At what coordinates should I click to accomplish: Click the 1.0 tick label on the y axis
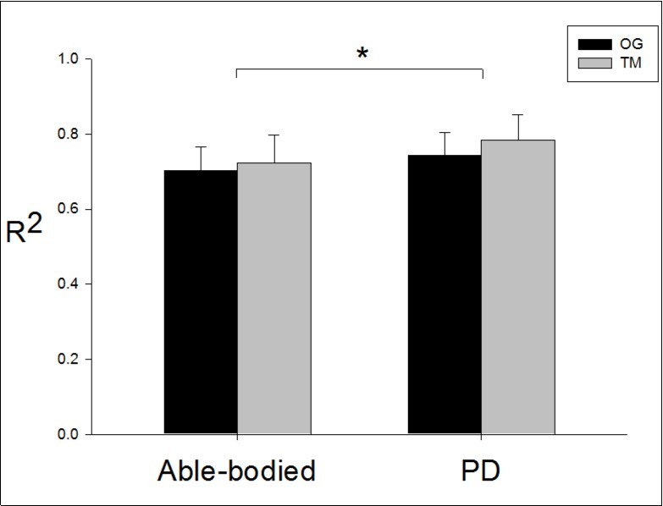pos(69,60)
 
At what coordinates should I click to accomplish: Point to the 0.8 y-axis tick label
pos(69,135)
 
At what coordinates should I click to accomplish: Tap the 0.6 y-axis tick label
pos(69,209)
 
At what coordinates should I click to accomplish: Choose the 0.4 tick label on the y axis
pos(69,283)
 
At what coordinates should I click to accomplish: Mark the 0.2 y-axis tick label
pos(69,360)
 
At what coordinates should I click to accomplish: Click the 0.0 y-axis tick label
pos(69,434)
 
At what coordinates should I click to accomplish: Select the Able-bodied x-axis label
pos(236,471)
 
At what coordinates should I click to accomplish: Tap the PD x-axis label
pos(481,471)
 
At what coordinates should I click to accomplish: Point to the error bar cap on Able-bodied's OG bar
pos(200,146)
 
